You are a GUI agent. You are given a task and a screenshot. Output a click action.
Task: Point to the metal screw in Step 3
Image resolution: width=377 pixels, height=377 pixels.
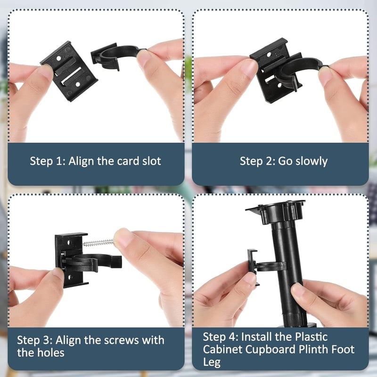tap(98, 243)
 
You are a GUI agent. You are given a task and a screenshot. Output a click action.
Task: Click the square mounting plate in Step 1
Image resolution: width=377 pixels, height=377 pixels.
tap(69, 71)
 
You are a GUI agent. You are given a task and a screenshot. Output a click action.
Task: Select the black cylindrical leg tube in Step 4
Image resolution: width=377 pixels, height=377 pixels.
tap(288, 272)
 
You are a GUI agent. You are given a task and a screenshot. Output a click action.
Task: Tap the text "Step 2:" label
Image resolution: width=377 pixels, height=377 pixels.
tap(257, 161)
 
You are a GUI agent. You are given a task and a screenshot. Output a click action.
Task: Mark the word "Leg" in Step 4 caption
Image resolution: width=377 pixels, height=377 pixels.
tap(212, 362)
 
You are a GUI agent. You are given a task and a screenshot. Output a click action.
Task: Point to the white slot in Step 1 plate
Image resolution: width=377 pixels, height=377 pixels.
tap(71, 76)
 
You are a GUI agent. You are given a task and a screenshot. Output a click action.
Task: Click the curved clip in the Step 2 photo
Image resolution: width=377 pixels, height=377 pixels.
tap(301, 72)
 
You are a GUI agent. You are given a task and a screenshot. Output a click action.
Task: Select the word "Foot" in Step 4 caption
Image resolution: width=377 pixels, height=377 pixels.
tap(343, 349)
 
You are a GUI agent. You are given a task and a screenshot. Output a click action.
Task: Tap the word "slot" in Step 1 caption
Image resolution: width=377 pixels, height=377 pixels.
tap(151, 161)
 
